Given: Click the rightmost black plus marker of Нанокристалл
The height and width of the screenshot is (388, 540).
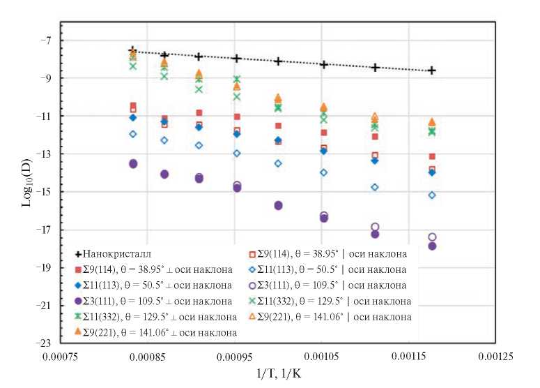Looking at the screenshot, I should [432, 70].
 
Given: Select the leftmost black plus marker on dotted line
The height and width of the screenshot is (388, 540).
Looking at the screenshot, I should [133, 50].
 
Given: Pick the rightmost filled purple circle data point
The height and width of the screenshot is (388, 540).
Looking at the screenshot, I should [432, 246].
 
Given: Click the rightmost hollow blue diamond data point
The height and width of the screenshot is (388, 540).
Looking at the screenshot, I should [432, 195].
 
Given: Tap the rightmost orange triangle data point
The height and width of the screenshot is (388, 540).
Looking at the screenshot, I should [432, 122].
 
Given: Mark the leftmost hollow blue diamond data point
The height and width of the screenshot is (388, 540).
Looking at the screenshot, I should [133, 134].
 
